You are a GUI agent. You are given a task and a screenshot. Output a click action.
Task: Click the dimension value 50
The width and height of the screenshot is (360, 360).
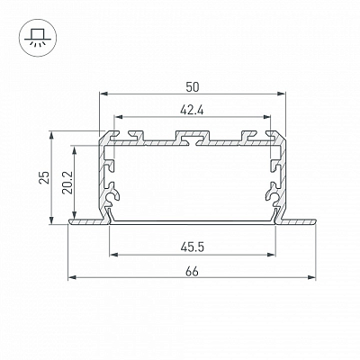pyautogui.click(x=193, y=87)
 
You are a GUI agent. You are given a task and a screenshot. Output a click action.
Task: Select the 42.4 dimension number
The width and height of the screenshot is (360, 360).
pyautogui.click(x=192, y=111)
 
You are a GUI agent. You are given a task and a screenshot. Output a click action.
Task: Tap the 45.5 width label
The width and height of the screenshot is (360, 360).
pyautogui.click(x=193, y=247)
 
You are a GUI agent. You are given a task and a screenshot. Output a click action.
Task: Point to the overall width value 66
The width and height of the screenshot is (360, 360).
pyautogui.click(x=192, y=272)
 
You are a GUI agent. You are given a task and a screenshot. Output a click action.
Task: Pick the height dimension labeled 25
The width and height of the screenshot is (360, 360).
pyautogui.click(x=44, y=177)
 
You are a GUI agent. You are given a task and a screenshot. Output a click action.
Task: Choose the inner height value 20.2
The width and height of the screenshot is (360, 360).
pyautogui.click(x=67, y=183)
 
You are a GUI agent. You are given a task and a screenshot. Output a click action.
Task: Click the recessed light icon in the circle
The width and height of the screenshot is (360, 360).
pyautogui.click(x=37, y=38)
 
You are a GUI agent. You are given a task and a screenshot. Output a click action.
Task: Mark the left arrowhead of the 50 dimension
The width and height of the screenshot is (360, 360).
pyautogui.click(x=103, y=94)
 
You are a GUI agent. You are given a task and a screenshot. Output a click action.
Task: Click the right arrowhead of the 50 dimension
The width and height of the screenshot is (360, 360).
pyautogui.click(x=281, y=94)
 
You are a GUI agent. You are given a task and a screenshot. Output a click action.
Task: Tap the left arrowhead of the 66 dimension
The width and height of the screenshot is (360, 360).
pyautogui.click(x=72, y=277)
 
